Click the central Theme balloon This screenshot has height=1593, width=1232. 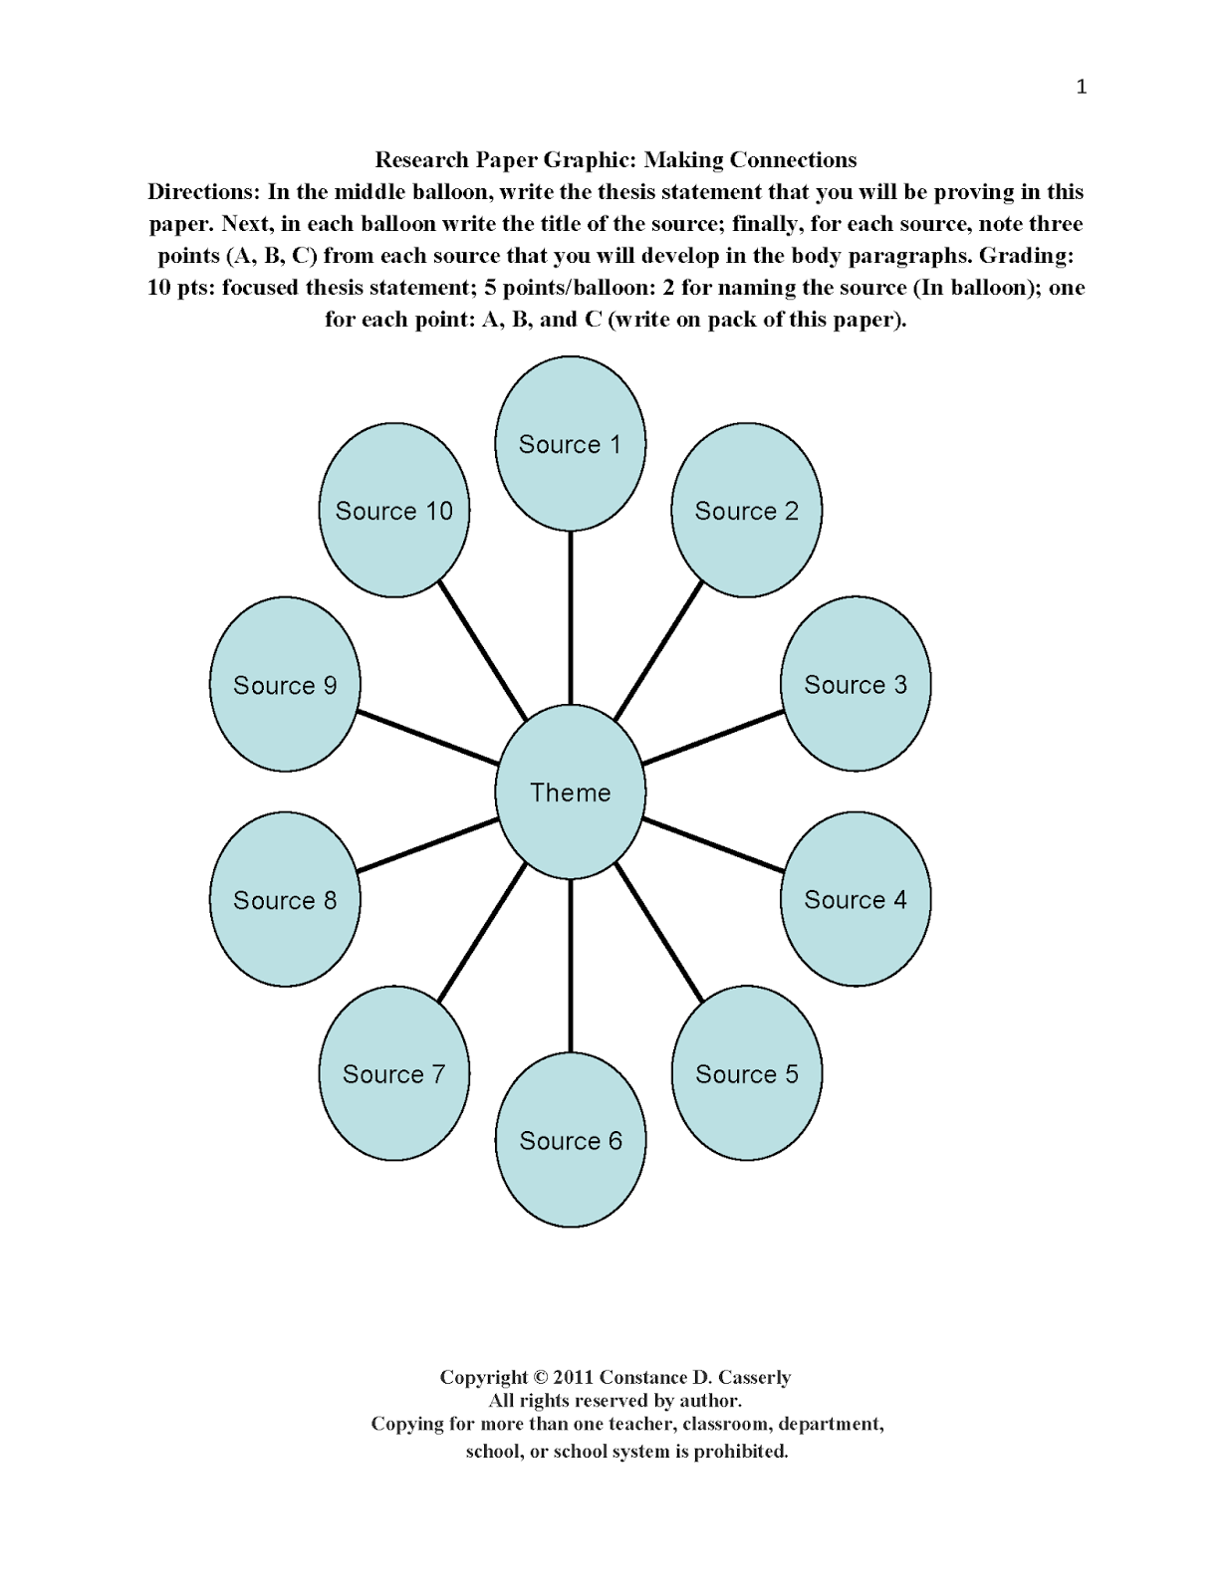pyautogui.click(x=570, y=792)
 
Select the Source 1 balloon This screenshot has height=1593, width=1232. pyautogui.click(x=570, y=444)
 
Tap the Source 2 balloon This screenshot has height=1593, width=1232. pyautogui.click(x=746, y=511)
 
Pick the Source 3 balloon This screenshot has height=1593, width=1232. pyautogui.click(x=856, y=684)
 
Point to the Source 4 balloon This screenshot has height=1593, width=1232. pyautogui.click(x=856, y=899)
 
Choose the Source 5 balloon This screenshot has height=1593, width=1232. pyautogui.click(x=746, y=1073)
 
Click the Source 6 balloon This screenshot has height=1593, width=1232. pyautogui.click(x=570, y=1140)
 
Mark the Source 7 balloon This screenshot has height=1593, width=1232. pyautogui.click(x=393, y=1073)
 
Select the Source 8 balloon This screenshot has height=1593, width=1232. pyautogui.click(x=285, y=899)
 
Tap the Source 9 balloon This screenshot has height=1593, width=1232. pyautogui.click(x=285, y=684)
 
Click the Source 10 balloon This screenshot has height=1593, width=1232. pyautogui.click(x=393, y=511)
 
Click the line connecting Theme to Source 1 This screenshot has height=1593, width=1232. pyautogui.click(x=570, y=617)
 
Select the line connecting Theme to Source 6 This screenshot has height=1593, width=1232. pyautogui.click(x=570, y=966)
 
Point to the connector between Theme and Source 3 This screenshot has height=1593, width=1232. pyautogui.click(x=713, y=738)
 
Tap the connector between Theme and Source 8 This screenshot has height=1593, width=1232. pyautogui.click(x=427, y=845)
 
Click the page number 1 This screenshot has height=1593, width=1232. pyautogui.click(x=1081, y=87)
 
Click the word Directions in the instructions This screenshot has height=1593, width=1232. pyautogui.click(x=203, y=192)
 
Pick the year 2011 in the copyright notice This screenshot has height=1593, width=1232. pyautogui.click(x=573, y=1377)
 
